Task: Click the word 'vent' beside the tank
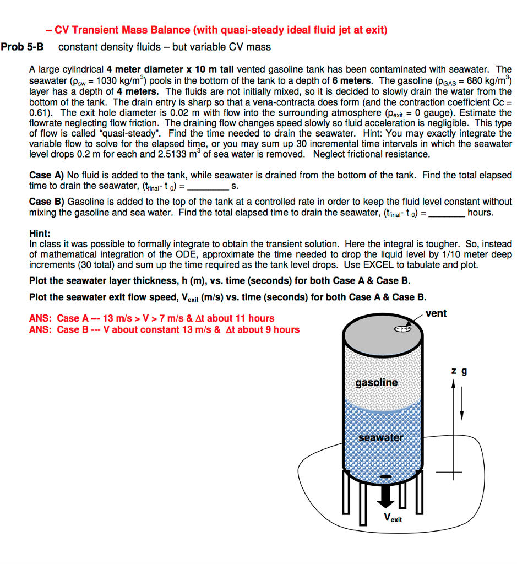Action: tap(436, 313)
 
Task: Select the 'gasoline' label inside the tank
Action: tap(376, 382)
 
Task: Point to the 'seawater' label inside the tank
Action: tap(380, 438)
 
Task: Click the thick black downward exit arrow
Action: tap(385, 496)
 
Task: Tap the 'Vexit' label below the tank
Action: tap(393, 518)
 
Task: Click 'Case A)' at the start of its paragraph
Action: tap(47, 175)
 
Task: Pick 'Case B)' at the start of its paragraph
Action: tap(47, 202)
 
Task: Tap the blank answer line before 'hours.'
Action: tap(447, 213)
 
